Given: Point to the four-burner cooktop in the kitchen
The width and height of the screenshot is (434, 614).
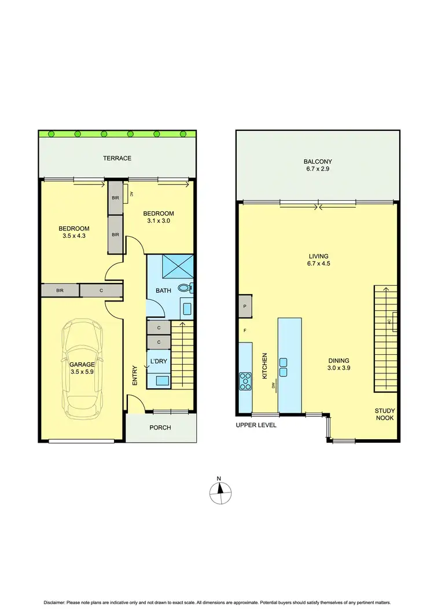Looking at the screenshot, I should click(245, 380).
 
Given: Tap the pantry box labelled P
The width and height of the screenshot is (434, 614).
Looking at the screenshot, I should click(245, 307).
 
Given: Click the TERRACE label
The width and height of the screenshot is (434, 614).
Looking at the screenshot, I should click(117, 158).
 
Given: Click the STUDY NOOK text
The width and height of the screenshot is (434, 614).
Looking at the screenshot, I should click(384, 414).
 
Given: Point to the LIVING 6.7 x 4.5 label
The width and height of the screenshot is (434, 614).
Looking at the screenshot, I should click(318, 260).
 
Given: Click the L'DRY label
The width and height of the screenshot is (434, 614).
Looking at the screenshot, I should click(159, 362).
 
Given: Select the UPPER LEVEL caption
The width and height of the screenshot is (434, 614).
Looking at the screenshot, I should click(256, 425).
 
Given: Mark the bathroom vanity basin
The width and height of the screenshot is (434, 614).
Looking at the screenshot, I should click(187, 308).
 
